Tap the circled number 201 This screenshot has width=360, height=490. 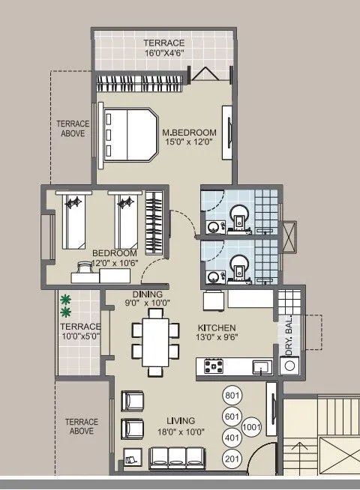point(232,459)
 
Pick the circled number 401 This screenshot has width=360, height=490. point(232,438)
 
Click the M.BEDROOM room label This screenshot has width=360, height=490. point(189,133)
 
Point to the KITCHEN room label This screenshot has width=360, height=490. point(217,328)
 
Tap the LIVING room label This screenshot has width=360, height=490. point(176,420)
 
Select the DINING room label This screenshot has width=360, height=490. point(147,294)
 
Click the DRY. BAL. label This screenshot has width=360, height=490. point(289,336)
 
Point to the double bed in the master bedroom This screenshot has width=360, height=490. point(129,135)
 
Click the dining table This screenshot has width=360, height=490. point(156,341)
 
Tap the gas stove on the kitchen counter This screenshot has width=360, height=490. point(214,366)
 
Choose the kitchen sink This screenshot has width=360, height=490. point(260,367)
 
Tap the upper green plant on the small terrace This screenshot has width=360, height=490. point(66,300)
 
